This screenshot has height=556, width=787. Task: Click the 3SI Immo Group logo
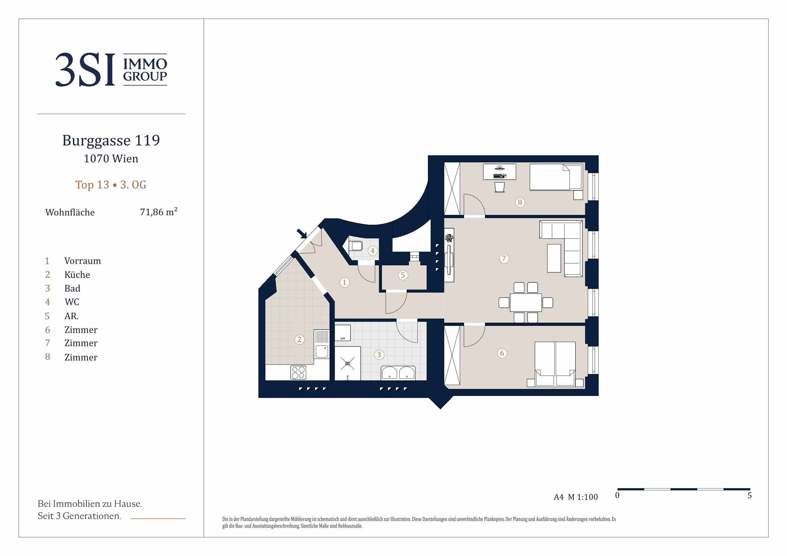(111, 69)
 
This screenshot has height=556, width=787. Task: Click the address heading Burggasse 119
(111, 140)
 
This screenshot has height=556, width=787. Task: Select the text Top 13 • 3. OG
(111, 185)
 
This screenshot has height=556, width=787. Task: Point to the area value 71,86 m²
(159, 212)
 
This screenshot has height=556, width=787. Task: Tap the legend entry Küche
(77, 275)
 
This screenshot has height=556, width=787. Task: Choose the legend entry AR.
(72, 316)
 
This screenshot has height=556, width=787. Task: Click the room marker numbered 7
(504, 258)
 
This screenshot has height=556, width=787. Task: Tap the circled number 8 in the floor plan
(520, 203)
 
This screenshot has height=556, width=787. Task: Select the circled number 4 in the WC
(373, 251)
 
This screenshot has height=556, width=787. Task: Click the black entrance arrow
(302, 234)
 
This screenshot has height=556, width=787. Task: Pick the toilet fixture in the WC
(356, 246)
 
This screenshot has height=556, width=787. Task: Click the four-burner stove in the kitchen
(298, 373)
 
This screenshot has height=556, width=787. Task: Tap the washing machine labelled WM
(342, 333)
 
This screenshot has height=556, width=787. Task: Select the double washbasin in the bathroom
(398, 373)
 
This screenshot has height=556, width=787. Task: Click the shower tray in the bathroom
(348, 364)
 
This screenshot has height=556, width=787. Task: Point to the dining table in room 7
(526, 302)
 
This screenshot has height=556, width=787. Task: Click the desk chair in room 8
(500, 187)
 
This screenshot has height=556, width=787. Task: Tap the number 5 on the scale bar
(750, 496)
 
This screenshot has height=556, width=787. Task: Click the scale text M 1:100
(583, 497)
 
